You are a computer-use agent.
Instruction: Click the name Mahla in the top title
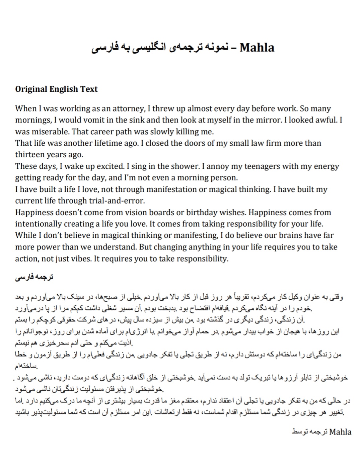coord(257,48)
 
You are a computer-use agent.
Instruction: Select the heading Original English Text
coord(56,89)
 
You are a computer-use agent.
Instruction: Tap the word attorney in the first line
coord(128,108)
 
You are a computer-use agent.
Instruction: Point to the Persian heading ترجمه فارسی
coord(34,278)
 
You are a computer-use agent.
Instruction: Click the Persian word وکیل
coord(294,297)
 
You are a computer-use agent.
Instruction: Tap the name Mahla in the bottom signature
coord(340,432)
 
